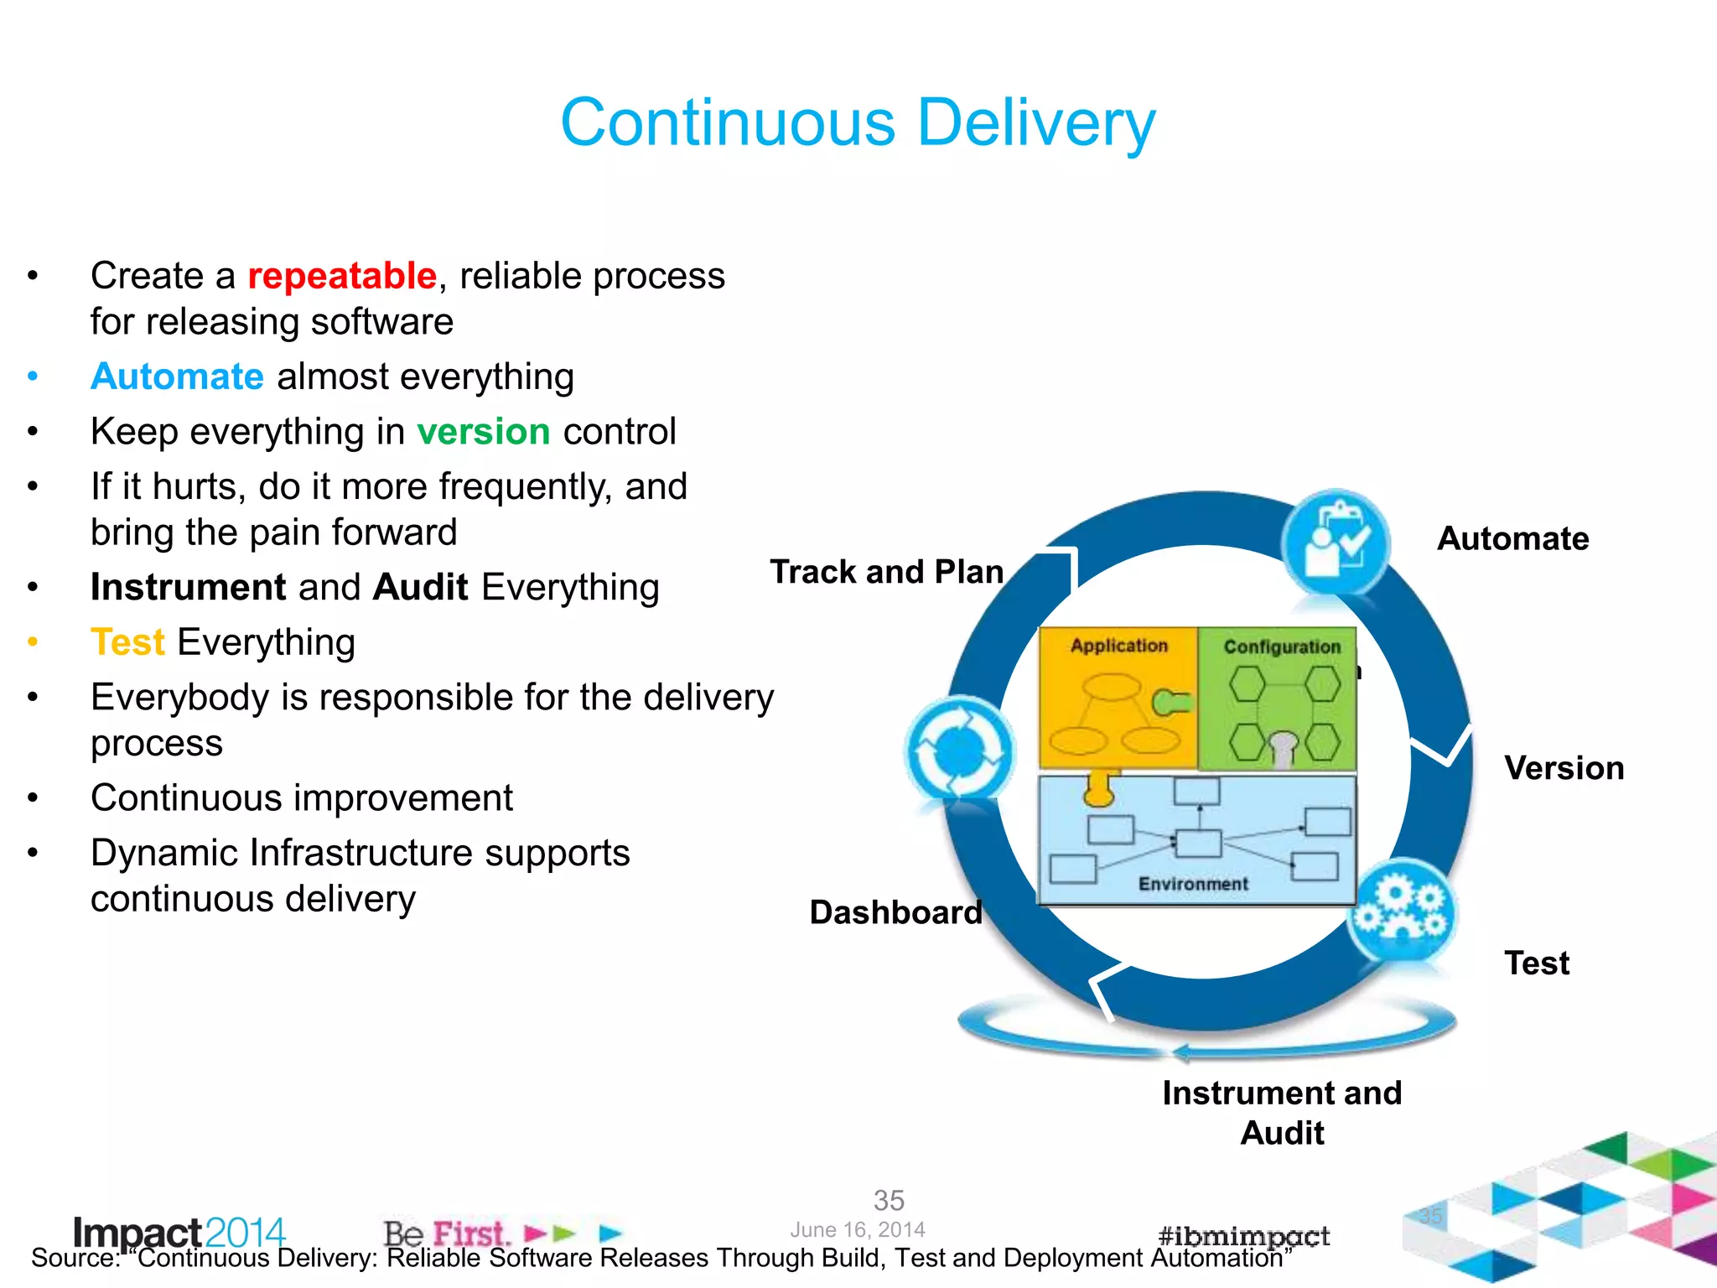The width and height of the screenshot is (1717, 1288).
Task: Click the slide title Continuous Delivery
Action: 858,122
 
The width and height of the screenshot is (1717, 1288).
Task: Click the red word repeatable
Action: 342,276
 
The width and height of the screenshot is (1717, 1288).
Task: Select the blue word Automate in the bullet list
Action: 178,377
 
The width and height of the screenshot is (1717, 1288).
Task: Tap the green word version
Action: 484,432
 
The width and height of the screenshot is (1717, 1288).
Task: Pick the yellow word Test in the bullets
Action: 128,642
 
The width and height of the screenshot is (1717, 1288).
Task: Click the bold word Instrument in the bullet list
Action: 189,587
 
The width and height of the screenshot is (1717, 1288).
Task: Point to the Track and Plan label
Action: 886,572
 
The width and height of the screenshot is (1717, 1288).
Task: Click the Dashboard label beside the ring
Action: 895,912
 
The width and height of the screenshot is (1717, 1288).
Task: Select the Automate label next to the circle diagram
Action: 1512,538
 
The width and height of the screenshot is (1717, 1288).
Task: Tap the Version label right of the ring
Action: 1564,768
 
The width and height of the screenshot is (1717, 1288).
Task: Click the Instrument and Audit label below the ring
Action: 1282,1113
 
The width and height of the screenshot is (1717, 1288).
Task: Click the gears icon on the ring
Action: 1401,911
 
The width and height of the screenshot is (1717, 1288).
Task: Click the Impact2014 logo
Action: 179,1231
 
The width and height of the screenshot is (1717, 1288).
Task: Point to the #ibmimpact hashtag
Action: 1243,1235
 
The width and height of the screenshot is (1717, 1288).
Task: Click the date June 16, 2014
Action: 857,1229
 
